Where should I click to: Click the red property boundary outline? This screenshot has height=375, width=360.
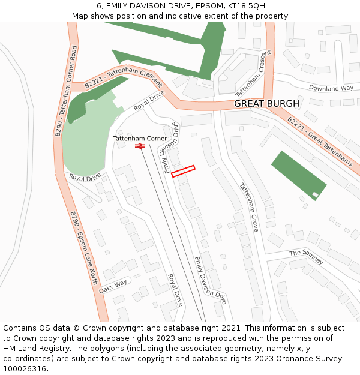pyautogui.click(x=184, y=171)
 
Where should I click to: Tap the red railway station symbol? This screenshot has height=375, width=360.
pyautogui.click(x=140, y=146)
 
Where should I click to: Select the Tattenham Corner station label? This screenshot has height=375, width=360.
pyautogui.click(x=140, y=139)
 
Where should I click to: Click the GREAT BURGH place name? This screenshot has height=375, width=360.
pyautogui.click(x=266, y=104)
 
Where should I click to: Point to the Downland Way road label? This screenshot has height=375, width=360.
pyautogui.click(x=331, y=88)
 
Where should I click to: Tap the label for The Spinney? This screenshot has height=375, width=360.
pyautogui.click(x=306, y=256)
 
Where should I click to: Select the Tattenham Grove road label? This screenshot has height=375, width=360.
pyautogui.click(x=248, y=208)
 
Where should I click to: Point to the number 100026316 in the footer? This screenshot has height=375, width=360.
pyautogui.click(x=25, y=368)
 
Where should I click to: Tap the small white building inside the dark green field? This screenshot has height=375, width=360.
pyautogui.click(x=315, y=194)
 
